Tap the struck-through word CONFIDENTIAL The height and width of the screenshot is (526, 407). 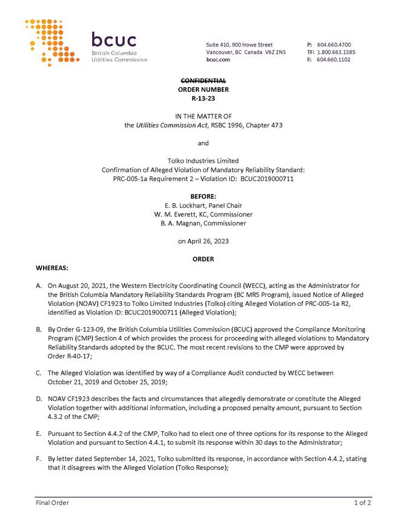point(203,80)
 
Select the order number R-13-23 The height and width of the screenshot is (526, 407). point(203,97)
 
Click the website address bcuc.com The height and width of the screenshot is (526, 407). point(218,60)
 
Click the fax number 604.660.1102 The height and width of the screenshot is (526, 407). point(334,60)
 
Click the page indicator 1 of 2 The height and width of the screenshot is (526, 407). point(363,502)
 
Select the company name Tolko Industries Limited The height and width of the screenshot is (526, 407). point(203,161)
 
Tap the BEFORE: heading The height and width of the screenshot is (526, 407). point(203,196)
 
